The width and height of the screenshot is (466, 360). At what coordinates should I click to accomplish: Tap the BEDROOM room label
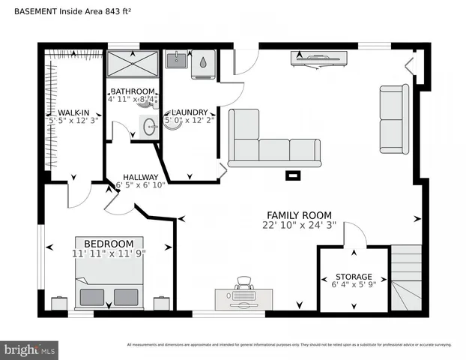(x=109, y=244)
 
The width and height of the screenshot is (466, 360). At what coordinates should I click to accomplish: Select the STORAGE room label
(x=353, y=277)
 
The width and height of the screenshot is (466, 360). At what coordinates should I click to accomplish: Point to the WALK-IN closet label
(x=74, y=112)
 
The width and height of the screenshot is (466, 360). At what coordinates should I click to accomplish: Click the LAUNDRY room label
(x=190, y=112)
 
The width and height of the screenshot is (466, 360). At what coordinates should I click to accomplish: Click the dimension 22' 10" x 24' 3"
(x=299, y=224)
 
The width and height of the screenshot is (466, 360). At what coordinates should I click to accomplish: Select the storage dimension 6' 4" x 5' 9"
(x=353, y=286)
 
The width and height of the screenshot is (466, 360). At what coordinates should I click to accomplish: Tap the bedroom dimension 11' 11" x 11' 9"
(x=109, y=253)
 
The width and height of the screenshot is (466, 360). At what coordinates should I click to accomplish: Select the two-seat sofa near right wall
(x=394, y=119)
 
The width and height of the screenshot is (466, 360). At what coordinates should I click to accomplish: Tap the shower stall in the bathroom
(x=133, y=64)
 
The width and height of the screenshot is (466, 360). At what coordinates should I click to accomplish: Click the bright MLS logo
(x=29, y=350)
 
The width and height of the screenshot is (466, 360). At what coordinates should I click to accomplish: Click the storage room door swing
(x=354, y=238)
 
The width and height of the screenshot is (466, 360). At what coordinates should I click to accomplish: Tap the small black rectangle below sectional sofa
(x=293, y=176)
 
